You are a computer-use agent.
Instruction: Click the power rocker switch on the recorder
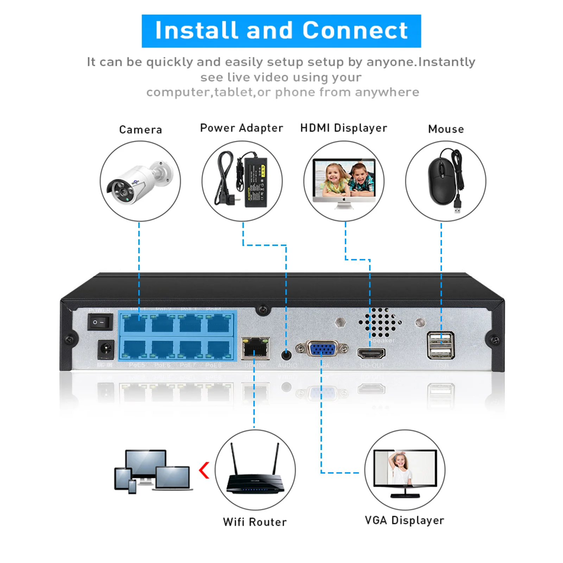(100, 322)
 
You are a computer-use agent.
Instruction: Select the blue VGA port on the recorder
(322, 349)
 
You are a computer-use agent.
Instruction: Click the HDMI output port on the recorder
(372, 353)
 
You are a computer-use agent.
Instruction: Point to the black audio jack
(287, 354)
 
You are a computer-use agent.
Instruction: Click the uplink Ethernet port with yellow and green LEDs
(256, 349)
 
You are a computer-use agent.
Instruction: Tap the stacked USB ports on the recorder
(441, 345)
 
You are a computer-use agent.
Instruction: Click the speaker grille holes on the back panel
(380, 322)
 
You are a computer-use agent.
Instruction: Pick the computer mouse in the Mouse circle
(442, 181)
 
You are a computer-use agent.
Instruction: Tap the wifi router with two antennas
(255, 473)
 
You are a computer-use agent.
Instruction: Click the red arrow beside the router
(204, 470)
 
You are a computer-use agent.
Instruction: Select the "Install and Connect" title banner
(281, 31)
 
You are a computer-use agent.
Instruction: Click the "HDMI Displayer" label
(343, 128)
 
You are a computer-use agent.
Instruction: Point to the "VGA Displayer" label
(404, 520)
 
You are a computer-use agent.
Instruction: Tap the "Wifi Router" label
(255, 522)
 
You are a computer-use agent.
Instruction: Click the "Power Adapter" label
(241, 128)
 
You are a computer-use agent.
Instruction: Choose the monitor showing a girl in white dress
(405, 472)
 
